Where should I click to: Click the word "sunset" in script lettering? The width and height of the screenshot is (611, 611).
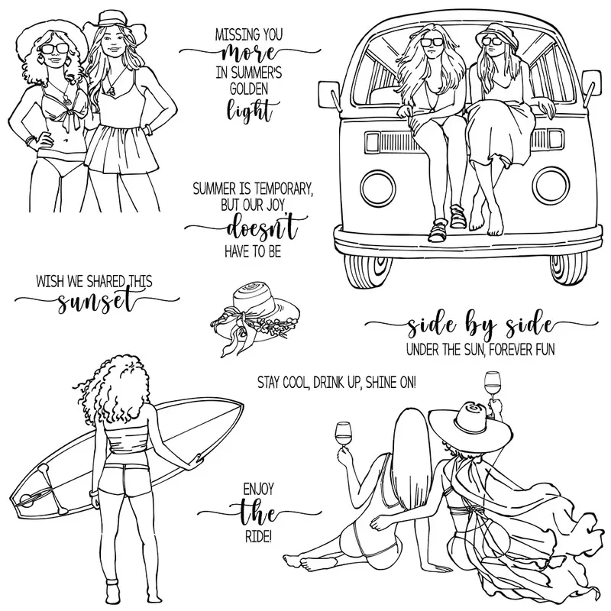click(x=97, y=302)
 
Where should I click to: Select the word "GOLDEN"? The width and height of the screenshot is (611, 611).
click(x=249, y=89)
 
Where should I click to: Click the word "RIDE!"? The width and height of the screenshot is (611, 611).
click(x=257, y=537)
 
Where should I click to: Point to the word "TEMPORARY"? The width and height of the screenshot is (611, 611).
click(x=280, y=189)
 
